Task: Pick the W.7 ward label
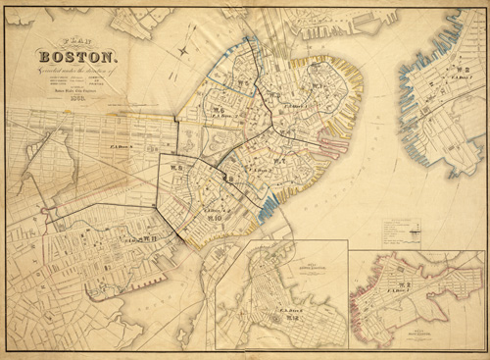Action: pyautogui.click(x=279, y=161)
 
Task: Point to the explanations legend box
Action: pyautogui.click(x=402, y=231)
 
